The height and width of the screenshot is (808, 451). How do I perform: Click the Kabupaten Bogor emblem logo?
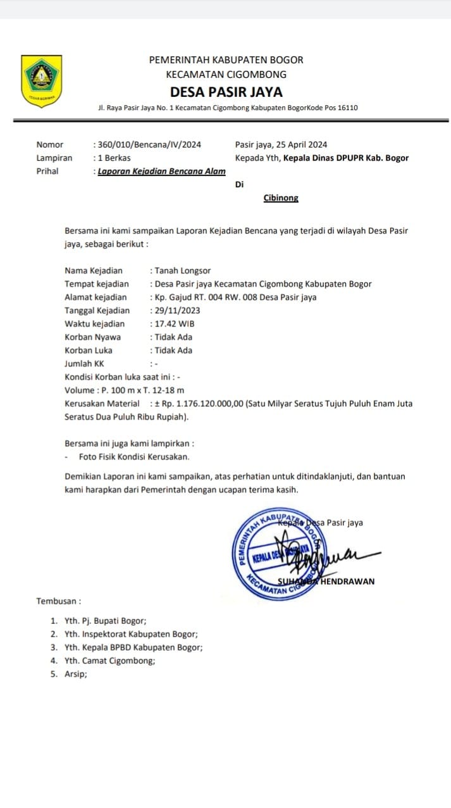pos(42,81)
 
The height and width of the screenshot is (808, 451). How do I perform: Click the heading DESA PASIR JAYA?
pos(226,92)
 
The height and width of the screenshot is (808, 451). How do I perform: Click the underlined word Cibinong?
pos(281,198)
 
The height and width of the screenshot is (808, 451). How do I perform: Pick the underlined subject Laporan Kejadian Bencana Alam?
pos(161,171)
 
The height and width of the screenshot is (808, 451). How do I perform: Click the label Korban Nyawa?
pos(92,337)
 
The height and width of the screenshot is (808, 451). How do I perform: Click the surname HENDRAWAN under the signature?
pos(347,581)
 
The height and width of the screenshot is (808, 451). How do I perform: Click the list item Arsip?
pos(76,674)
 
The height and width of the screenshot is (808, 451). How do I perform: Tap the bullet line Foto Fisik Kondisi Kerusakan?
pos(134,457)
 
